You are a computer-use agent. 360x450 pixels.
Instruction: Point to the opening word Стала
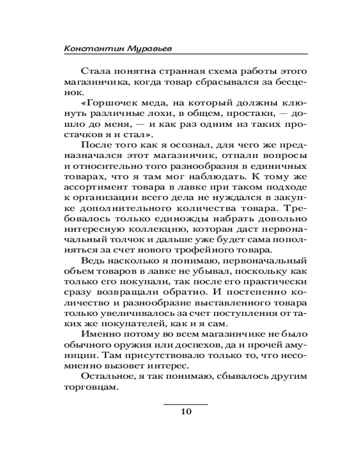coord(94,71)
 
